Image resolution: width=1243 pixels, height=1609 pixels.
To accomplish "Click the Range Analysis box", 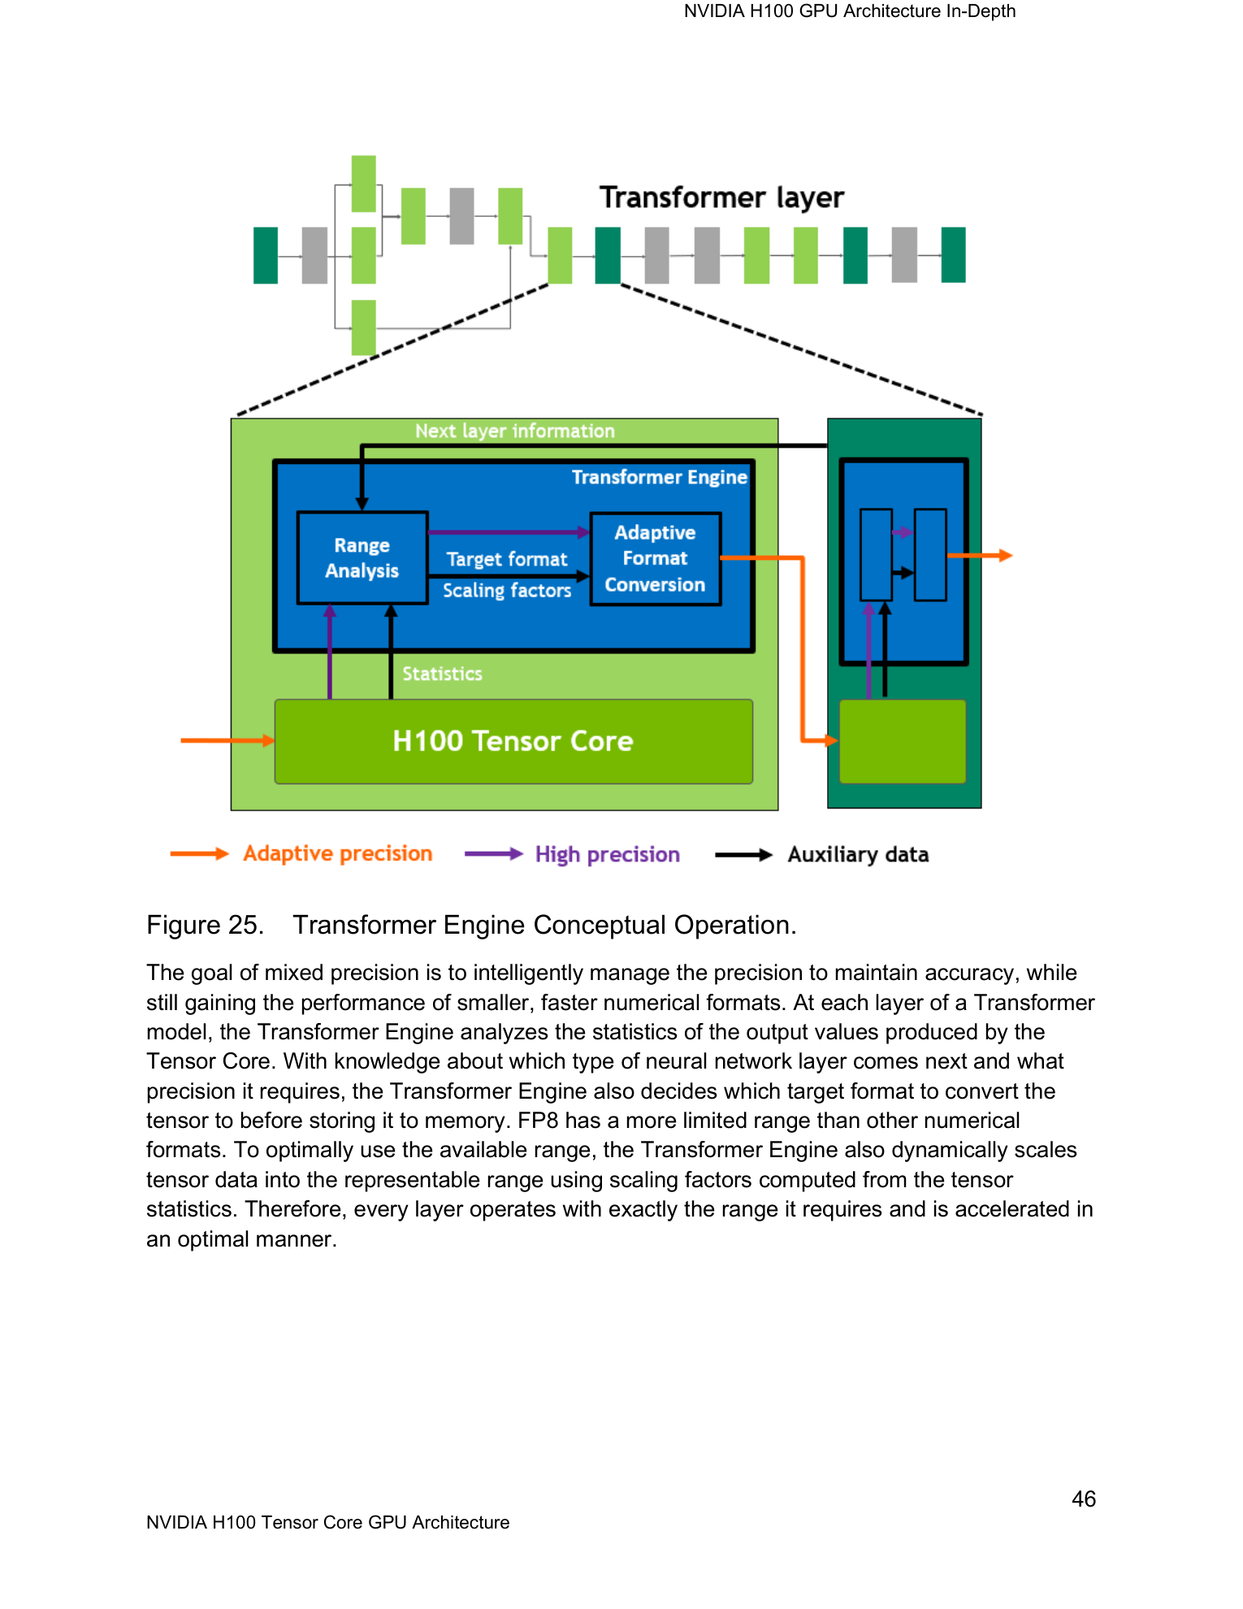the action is [x=362, y=557].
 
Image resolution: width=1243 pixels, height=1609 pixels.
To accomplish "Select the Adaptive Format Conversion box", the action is [x=656, y=558].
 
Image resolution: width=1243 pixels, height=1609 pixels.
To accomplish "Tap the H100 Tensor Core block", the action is [x=513, y=741].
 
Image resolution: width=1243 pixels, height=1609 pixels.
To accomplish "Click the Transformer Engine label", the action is [x=659, y=477].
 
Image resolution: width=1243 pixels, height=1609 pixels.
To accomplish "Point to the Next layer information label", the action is [x=515, y=431].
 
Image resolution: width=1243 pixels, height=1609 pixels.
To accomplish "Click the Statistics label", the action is [x=442, y=674].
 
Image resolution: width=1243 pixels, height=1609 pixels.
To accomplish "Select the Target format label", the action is [x=507, y=559].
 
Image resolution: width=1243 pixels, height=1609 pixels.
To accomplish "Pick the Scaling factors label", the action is [x=507, y=590].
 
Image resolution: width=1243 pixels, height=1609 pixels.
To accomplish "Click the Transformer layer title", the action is [x=721, y=197].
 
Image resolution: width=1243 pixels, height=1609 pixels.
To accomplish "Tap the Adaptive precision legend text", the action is [x=338, y=853].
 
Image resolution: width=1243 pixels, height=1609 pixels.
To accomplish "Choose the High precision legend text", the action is [x=607, y=854].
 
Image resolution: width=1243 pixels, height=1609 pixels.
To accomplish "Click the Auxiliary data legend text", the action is [x=858, y=854].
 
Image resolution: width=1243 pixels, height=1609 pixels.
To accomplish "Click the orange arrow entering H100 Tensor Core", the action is [x=227, y=740].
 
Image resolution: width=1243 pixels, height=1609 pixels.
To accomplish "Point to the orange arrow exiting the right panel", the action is [x=980, y=556].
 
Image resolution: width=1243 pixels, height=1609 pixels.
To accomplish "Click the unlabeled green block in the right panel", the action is [x=903, y=741].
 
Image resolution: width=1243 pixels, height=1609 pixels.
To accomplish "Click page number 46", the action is [x=1084, y=1499].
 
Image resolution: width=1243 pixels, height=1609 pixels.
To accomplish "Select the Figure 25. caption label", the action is [x=205, y=925].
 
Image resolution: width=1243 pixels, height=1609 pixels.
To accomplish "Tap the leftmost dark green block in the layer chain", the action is [x=266, y=255].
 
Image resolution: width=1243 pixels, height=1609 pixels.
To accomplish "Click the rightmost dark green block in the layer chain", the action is [x=953, y=255].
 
